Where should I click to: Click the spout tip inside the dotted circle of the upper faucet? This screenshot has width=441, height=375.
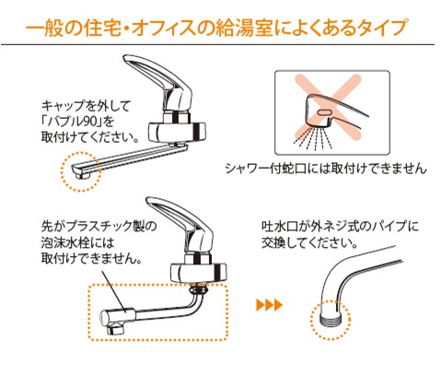81,171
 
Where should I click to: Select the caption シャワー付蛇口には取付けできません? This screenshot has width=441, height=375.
326,169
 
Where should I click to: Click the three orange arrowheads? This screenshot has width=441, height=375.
269,305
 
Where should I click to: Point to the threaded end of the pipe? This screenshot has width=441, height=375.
331,320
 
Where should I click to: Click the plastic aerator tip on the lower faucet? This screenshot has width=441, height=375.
117,322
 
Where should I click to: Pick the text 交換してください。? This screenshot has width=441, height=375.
310,243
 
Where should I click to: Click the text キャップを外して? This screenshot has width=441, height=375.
86,106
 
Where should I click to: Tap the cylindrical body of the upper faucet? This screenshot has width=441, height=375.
177,132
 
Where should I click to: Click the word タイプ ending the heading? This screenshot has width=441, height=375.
386,28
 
